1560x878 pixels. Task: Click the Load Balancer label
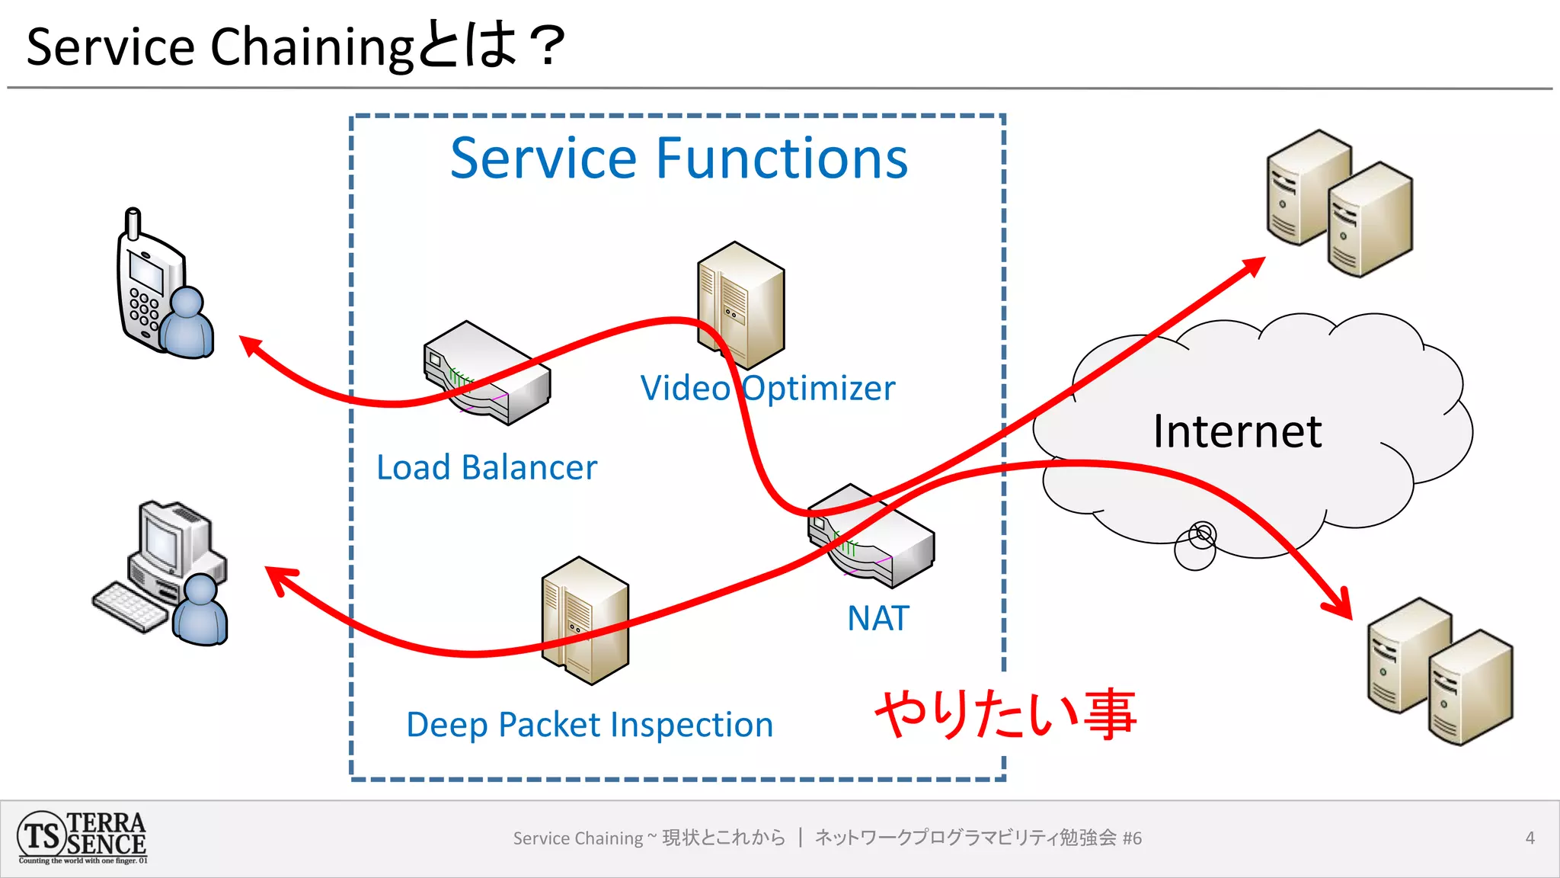click(x=487, y=467)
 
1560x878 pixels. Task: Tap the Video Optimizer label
click(x=767, y=388)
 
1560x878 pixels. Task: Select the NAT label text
click(x=877, y=618)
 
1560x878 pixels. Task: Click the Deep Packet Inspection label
click(x=590, y=724)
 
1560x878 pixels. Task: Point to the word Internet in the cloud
click(x=1237, y=431)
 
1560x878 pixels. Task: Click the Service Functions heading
click(x=679, y=159)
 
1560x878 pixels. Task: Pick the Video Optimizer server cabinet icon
click(x=740, y=305)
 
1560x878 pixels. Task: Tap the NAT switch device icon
click(x=871, y=535)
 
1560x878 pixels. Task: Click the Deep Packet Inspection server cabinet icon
click(x=585, y=620)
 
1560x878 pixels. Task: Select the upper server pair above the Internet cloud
click(x=1339, y=203)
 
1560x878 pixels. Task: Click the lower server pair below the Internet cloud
click(x=1440, y=671)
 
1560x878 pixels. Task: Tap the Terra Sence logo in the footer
click(x=82, y=838)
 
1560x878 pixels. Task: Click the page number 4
click(x=1530, y=838)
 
